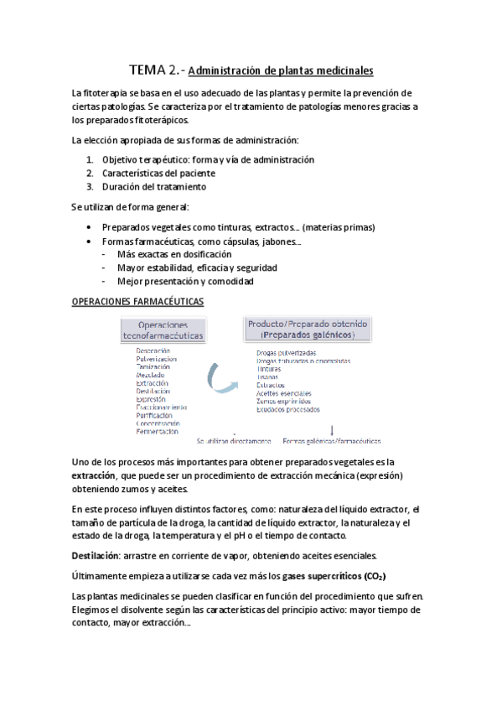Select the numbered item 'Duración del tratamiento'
click(153, 186)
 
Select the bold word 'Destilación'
click(96, 555)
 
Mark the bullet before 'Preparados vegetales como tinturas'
click(90, 227)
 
